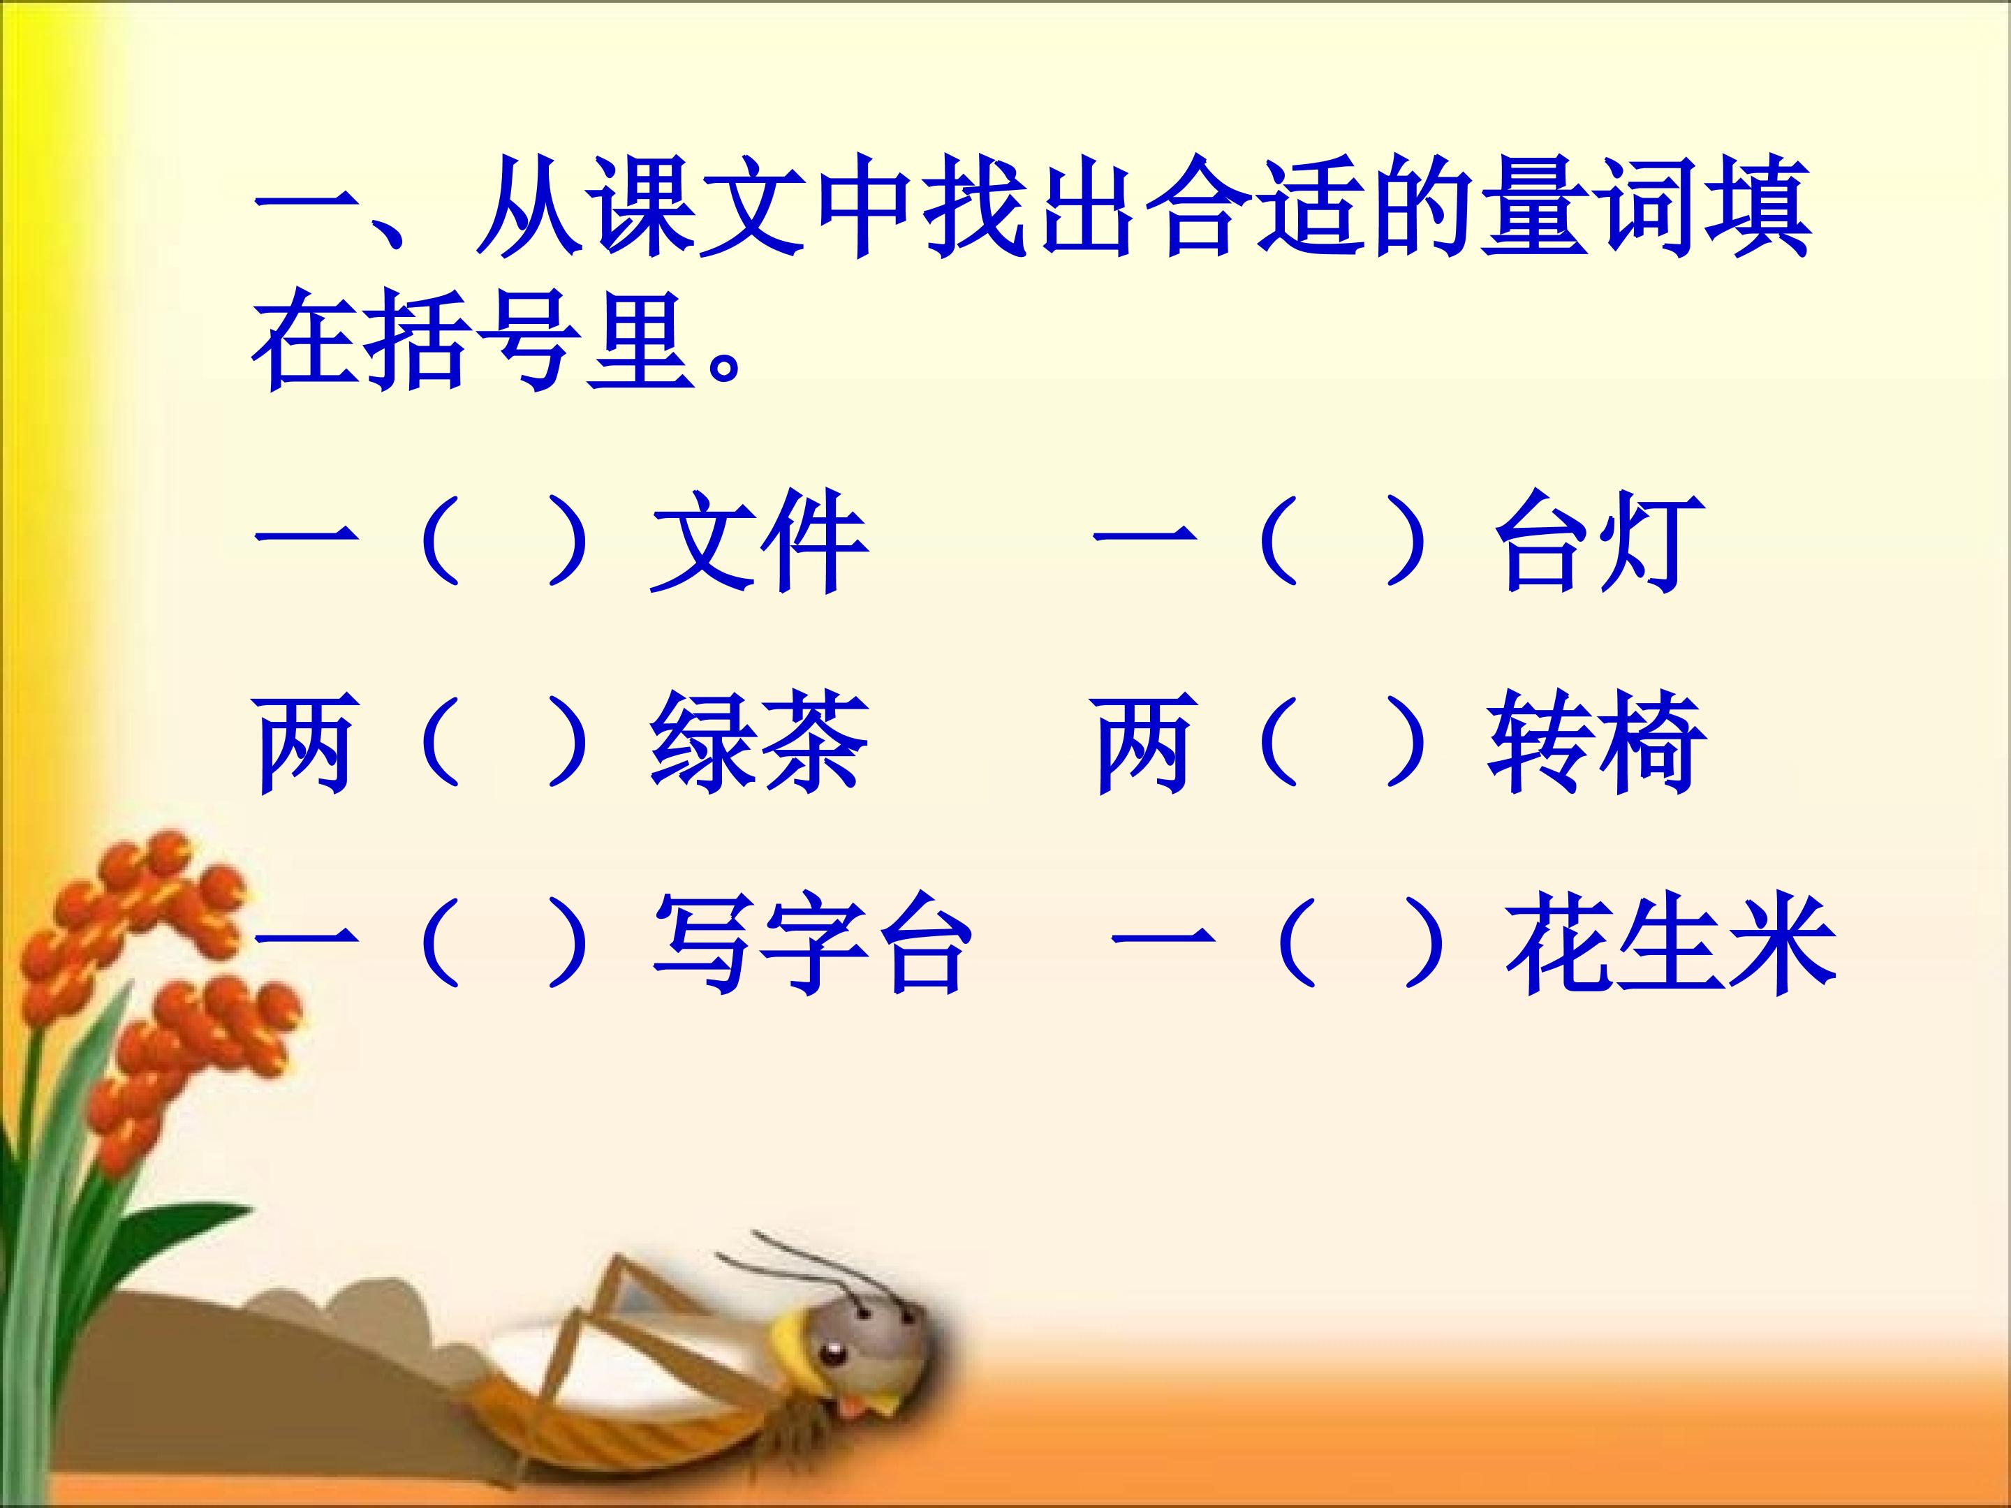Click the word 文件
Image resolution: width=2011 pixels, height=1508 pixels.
(758, 542)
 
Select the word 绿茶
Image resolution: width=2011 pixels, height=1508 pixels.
(758, 744)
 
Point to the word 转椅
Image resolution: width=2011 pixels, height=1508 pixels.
(1596, 744)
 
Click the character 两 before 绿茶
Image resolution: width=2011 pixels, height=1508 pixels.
(304, 744)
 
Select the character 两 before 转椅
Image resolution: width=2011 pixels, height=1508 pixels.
(1144, 744)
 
